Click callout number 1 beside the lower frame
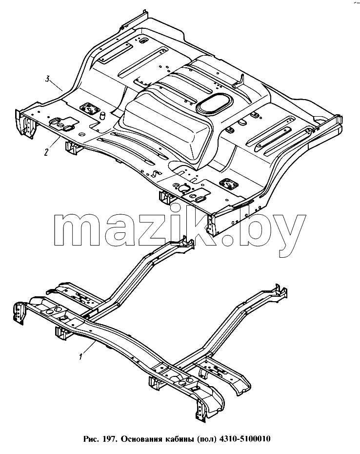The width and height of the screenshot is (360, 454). (81, 356)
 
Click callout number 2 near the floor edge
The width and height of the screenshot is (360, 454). (46, 152)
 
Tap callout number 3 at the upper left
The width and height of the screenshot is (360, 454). (48, 79)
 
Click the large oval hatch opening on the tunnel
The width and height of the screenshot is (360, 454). (215, 103)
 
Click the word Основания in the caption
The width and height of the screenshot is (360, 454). (141, 439)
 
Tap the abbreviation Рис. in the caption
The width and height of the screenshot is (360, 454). (92, 439)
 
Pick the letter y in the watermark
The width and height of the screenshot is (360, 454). (289, 234)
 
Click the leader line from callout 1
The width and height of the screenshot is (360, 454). (89, 347)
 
